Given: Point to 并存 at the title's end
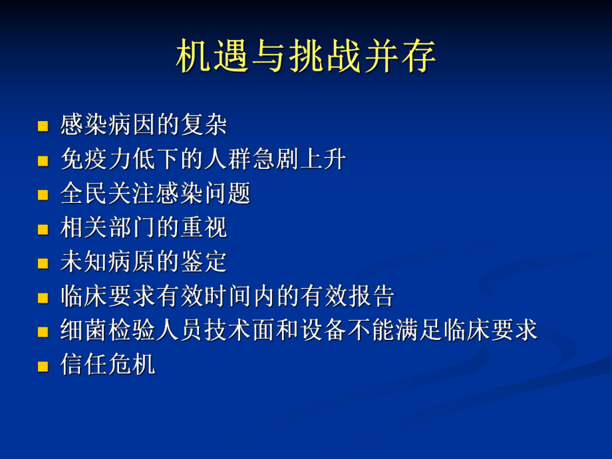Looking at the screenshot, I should coord(400,57).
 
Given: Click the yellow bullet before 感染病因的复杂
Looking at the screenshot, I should coord(44,126).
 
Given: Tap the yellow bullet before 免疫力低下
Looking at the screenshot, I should coord(44,160).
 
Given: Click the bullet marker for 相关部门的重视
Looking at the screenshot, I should coord(44,229).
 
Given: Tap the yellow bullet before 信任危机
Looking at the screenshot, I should coord(44,366).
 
